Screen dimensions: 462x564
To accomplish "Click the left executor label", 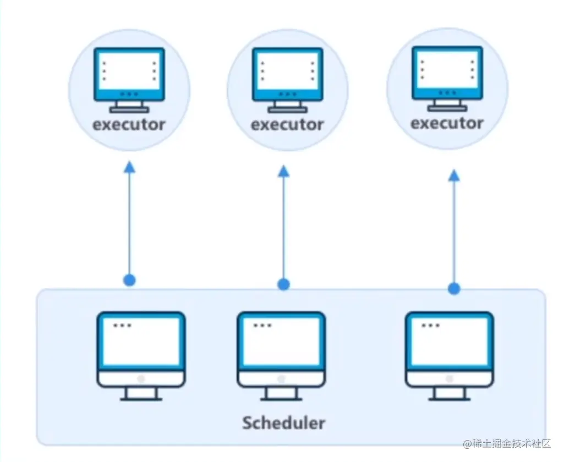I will (129, 124).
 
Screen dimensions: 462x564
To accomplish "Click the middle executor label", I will (287, 125).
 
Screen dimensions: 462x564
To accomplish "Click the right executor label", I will (447, 123).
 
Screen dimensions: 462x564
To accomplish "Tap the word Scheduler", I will (284, 423).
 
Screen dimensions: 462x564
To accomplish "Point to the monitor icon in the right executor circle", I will (447, 77).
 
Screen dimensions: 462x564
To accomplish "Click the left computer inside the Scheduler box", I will (141, 355).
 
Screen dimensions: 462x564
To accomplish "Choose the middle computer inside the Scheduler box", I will (281, 355).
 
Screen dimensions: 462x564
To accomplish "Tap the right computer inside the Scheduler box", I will (449, 355).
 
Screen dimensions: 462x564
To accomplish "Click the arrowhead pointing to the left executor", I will (129, 166).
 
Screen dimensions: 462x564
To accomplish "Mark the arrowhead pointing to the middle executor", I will (284, 171).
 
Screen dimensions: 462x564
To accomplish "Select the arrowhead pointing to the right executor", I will (454, 174).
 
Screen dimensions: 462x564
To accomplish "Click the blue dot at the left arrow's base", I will (129, 280).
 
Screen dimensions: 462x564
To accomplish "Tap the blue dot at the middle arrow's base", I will (283, 284).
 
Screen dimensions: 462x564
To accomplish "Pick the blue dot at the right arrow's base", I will (454, 288).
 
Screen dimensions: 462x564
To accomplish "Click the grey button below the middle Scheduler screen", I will (281, 379).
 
